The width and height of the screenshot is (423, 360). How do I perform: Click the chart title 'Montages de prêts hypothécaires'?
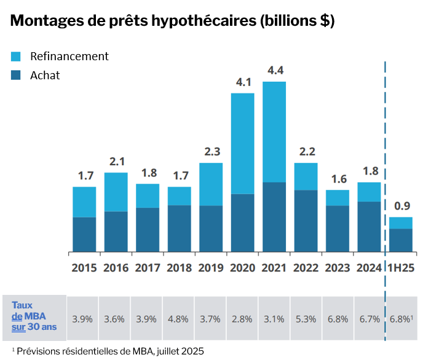tap(173, 20)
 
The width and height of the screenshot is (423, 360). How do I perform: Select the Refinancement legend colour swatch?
tap(16, 57)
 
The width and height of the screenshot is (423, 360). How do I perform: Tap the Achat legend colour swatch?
tap(16, 76)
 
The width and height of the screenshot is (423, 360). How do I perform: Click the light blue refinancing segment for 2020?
tap(242, 143)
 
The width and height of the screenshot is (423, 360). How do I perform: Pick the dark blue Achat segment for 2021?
tap(274, 217)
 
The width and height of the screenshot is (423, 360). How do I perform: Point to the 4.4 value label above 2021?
tap(274, 69)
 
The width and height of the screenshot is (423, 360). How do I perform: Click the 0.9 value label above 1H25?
tap(401, 206)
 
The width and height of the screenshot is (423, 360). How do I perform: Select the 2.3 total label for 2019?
tap(211, 151)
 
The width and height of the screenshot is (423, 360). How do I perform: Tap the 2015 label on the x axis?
tap(84, 268)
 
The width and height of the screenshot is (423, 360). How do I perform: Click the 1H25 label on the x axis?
tap(401, 268)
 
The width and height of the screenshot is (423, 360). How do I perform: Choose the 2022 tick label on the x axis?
tap(306, 268)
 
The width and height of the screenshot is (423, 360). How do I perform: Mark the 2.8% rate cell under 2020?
tap(242, 319)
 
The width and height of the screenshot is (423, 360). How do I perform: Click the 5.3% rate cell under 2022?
tap(306, 319)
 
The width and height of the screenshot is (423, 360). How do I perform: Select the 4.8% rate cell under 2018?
tap(178, 319)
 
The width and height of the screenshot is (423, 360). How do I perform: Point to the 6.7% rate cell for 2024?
tap(370, 319)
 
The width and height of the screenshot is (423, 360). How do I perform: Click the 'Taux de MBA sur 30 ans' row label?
tap(34, 316)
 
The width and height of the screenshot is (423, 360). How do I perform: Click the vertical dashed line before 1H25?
tap(385, 154)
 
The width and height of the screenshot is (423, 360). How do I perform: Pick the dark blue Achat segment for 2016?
tap(116, 232)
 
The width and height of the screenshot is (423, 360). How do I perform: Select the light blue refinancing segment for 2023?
tap(338, 197)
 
